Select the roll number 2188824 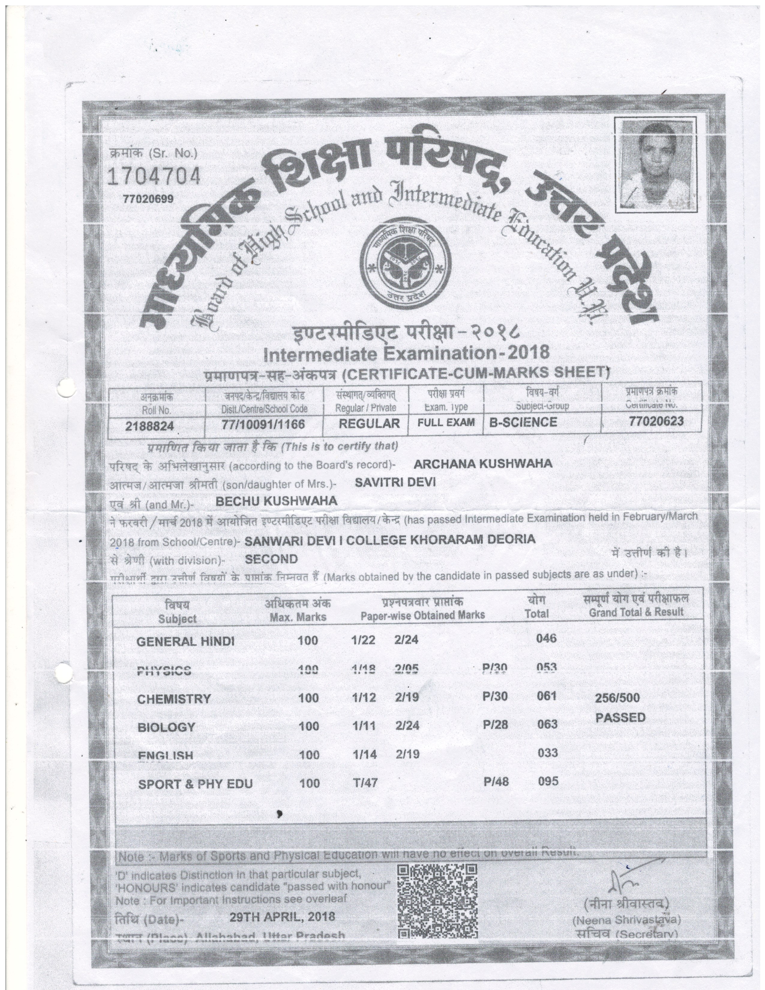(x=150, y=426)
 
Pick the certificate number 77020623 (x=656, y=421)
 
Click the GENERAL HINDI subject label (x=185, y=641)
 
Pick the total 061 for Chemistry (x=547, y=695)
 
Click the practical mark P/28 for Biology (x=495, y=724)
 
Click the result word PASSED (x=620, y=718)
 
